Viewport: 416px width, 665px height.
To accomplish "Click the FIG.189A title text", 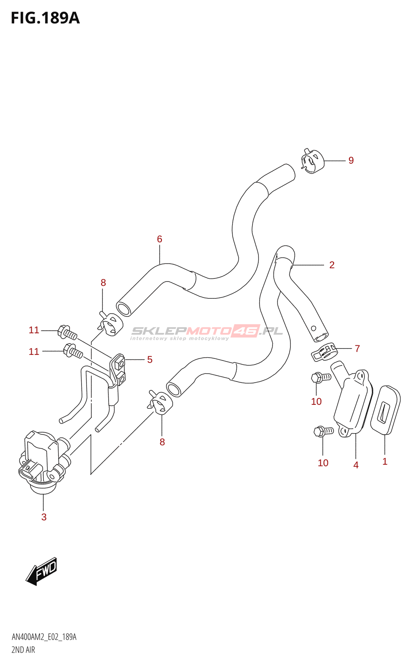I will [45, 18].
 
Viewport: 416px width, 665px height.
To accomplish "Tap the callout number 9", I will [351, 160].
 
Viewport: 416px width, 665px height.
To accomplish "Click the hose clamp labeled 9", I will [312, 162].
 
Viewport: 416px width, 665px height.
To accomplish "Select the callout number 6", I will [159, 239].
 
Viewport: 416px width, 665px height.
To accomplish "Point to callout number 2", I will [332, 265].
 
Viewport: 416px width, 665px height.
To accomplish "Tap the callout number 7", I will [357, 348].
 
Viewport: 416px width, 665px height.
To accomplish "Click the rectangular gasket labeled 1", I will [386, 410].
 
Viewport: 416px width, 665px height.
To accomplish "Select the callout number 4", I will [356, 465].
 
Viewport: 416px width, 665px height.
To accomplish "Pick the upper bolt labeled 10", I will [320, 377].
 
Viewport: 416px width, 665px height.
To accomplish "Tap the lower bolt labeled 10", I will [323, 431].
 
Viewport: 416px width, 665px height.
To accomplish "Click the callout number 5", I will [150, 360].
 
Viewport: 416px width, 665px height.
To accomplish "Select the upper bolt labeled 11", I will [67, 332].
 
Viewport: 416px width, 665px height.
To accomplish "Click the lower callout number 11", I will [34, 352].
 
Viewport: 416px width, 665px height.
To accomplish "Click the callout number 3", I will [44, 517].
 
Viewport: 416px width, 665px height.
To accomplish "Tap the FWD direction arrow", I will [42, 571].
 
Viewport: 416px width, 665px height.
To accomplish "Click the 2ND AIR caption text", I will [23, 650].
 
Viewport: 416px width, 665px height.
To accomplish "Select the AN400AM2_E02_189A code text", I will [44, 637].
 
